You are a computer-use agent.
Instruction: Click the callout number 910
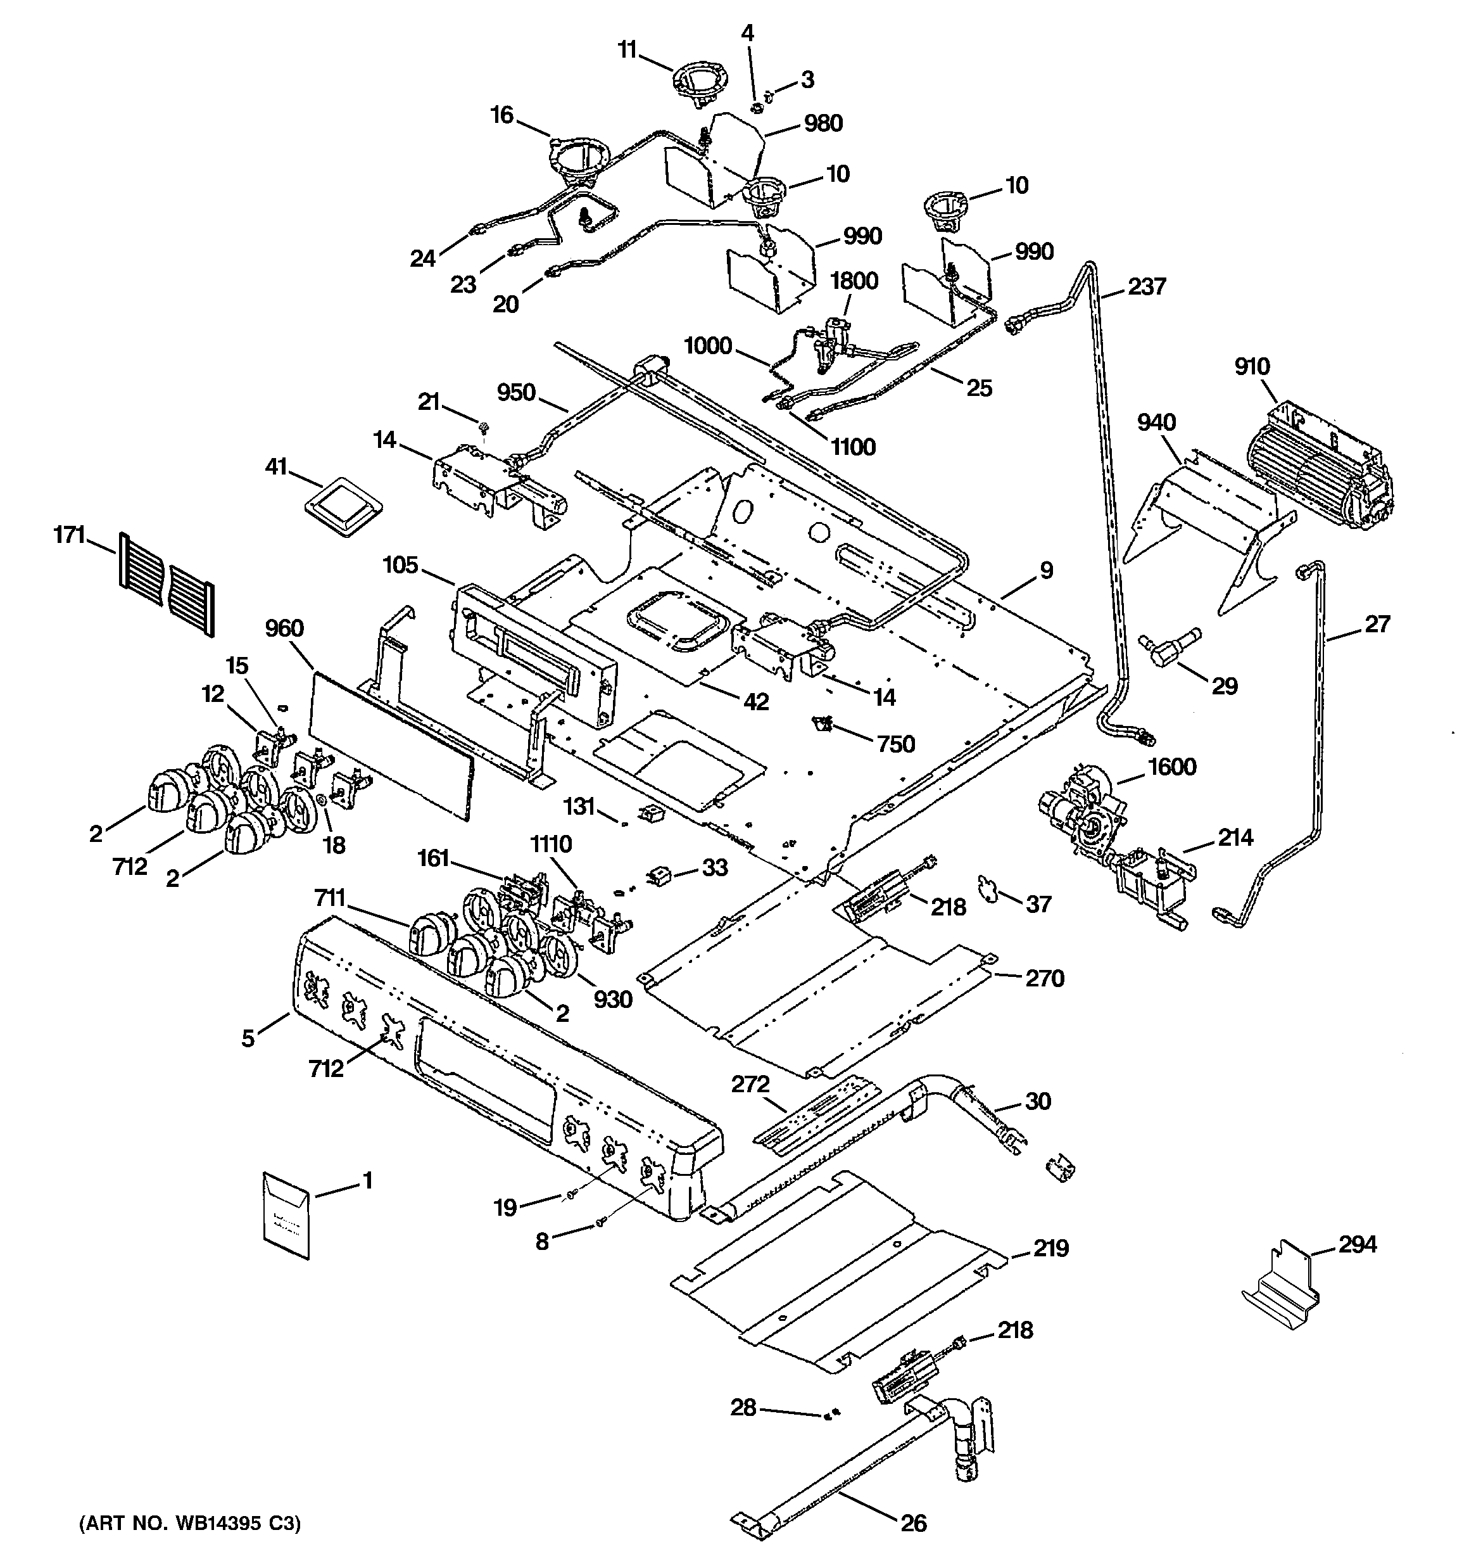1252,367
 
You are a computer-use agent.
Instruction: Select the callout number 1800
854,281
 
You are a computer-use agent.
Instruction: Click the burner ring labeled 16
581,162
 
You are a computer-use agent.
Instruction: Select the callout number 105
401,564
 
